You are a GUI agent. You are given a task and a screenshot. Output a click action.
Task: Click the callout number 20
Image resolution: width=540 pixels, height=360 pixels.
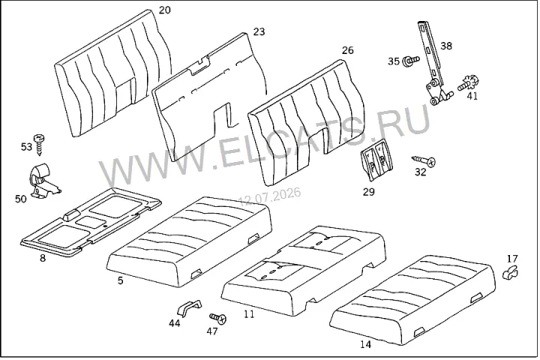[x=164, y=10]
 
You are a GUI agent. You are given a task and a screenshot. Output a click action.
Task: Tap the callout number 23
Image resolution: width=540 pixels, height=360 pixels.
[x=259, y=31]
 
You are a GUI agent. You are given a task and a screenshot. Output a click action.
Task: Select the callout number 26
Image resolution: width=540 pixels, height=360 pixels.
[x=347, y=50]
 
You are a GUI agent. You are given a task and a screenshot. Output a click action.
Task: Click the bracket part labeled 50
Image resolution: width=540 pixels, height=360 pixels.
[x=43, y=181]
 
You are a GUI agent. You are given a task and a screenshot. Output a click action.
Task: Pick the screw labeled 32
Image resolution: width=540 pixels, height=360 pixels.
[x=424, y=160]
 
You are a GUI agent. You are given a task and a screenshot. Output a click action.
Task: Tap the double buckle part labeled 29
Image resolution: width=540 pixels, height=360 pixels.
[x=376, y=160]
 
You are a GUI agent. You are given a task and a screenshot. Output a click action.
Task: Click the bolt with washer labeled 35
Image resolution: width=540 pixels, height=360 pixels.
[x=412, y=60]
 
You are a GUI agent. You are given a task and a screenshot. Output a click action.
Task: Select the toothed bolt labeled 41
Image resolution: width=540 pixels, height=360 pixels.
[x=469, y=84]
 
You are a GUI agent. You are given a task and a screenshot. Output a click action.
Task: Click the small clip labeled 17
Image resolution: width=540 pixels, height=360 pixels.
[x=511, y=272]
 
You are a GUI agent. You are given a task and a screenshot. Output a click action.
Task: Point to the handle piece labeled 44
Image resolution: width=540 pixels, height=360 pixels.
[x=189, y=307]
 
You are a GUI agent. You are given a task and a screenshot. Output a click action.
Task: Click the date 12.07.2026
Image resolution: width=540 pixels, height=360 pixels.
[x=270, y=196]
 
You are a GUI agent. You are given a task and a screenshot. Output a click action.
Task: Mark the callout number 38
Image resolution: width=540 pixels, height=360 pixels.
[x=446, y=46]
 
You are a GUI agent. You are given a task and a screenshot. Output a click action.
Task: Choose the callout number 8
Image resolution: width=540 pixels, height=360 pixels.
[x=43, y=258]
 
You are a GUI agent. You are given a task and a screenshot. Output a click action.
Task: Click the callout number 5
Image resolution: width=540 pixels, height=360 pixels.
[x=120, y=280]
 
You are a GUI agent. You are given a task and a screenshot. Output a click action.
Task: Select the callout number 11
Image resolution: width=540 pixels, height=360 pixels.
[x=249, y=313]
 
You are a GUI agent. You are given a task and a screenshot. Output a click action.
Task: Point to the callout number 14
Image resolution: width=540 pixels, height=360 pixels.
[x=366, y=344]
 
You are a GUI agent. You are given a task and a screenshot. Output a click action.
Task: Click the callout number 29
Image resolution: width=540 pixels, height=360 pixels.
[x=368, y=192]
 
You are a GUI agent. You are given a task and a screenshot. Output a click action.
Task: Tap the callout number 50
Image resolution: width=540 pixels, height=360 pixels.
[x=21, y=199]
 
